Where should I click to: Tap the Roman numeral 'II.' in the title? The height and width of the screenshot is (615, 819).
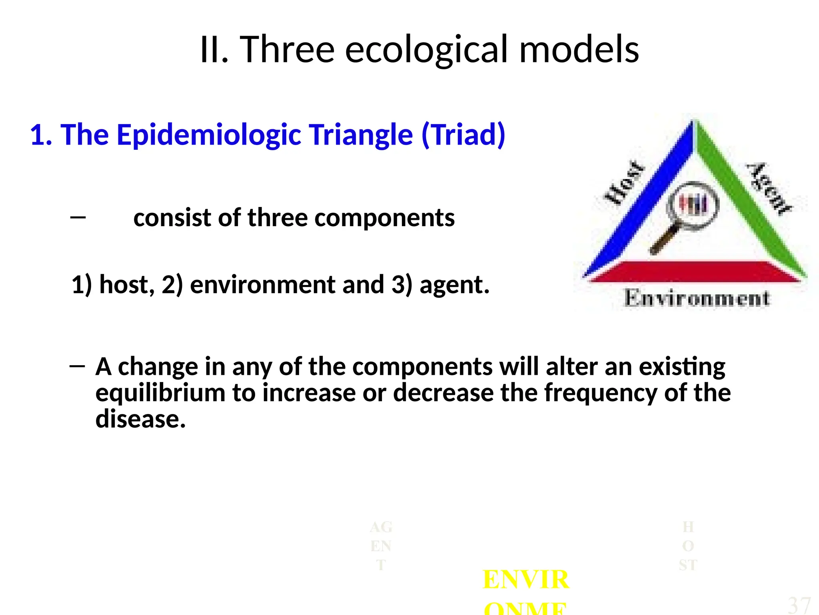click(x=214, y=50)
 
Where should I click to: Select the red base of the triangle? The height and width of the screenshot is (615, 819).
click(x=696, y=271)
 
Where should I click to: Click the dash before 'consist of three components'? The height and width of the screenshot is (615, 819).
click(x=78, y=217)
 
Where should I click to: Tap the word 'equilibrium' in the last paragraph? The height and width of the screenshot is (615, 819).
click(x=160, y=393)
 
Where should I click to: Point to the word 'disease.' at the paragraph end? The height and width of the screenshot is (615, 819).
click(x=140, y=419)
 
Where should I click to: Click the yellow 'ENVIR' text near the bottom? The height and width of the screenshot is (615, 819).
click(x=525, y=579)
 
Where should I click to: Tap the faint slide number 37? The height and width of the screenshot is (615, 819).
click(x=799, y=605)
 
